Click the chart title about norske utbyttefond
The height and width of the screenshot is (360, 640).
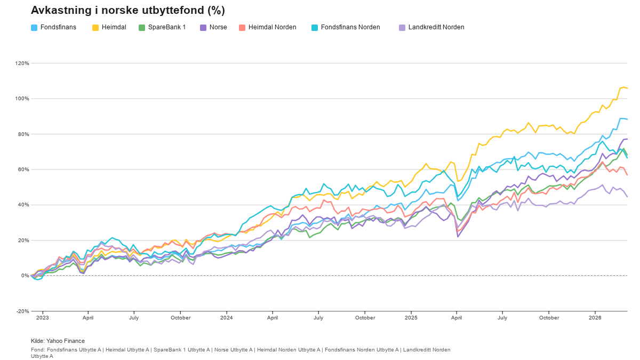tap(127, 11)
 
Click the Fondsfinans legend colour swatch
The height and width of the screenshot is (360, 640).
tap(34, 27)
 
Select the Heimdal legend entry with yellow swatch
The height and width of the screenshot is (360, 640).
tap(109, 27)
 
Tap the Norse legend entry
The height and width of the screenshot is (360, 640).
tap(213, 27)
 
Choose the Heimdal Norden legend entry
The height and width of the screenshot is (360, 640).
tap(267, 27)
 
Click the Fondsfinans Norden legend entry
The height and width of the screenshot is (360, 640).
tap(345, 27)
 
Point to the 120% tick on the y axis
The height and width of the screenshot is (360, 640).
tap(22, 63)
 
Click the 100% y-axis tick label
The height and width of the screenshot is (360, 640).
tap(22, 99)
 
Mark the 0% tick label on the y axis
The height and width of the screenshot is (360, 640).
tap(25, 276)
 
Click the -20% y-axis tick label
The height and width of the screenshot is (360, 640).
tap(23, 311)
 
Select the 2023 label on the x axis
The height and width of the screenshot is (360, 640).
tap(42, 318)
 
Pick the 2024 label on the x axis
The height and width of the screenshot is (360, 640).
tap(227, 318)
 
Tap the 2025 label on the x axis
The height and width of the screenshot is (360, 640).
tap(411, 318)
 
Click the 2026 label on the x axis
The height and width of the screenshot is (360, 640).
tap(595, 318)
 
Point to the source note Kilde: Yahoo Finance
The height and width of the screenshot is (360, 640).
tap(58, 341)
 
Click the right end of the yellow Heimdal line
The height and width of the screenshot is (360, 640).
tap(627, 88)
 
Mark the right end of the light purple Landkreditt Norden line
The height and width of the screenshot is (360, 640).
tap(627, 197)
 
